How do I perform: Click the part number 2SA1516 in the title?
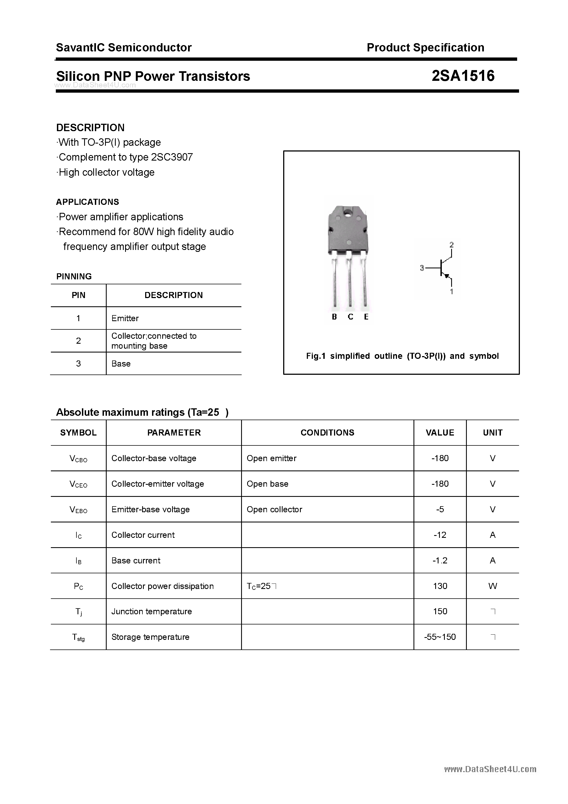463,76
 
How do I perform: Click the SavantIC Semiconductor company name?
124,48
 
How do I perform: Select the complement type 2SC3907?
172,157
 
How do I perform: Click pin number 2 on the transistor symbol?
451,244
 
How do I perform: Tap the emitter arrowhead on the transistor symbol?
446,276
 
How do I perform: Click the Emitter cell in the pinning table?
125,318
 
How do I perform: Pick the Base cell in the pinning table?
121,364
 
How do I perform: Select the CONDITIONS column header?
327,433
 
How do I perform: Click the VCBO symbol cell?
78,459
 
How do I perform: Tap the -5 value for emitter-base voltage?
440,510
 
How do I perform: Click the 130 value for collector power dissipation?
440,586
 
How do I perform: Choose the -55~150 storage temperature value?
440,637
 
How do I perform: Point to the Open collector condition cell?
274,510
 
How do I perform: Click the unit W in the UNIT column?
492,586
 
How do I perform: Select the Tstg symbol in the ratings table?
78,638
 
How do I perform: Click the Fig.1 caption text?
402,356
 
